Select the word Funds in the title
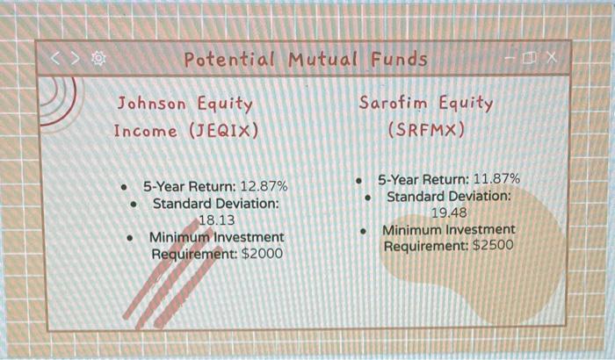pos(398,60)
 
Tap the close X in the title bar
pos(550,58)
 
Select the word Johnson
pos(152,104)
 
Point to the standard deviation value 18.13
pos(217,220)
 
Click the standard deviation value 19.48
pos(449,212)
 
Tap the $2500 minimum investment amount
pos(493,246)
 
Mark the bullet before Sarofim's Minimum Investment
pos(365,231)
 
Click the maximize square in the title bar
pos(529,58)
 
